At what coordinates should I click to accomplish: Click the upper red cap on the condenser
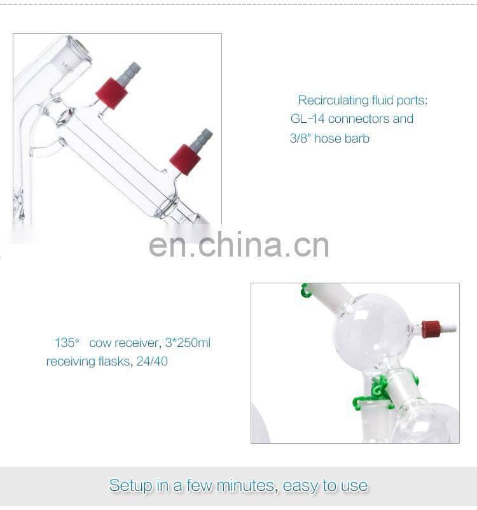tap(111, 93)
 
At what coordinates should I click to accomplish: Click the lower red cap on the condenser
tap(185, 160)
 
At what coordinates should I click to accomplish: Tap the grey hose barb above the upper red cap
tap(129, 73)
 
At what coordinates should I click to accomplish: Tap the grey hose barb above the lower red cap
tap(202, 139)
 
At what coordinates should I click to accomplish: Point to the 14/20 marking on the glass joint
tap(67, 68)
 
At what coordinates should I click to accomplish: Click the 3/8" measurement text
tap(301, 138)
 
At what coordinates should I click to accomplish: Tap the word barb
tap(357, 138)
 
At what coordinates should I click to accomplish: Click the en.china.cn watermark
tap(239, 244)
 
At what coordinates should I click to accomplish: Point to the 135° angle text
tap(67, 343)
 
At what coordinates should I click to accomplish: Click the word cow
tap(100, 343)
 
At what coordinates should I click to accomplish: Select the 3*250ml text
tap(188, 343)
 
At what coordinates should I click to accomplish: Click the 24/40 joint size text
tap(152, 362)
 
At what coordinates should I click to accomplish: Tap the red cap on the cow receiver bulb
tap(431, 329)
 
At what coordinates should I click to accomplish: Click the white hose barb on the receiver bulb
tap(448, 328)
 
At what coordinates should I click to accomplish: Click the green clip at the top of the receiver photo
tap(305, 290)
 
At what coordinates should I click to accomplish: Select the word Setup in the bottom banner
tap(130, 486)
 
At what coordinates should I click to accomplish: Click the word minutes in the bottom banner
tap(247, 486)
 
